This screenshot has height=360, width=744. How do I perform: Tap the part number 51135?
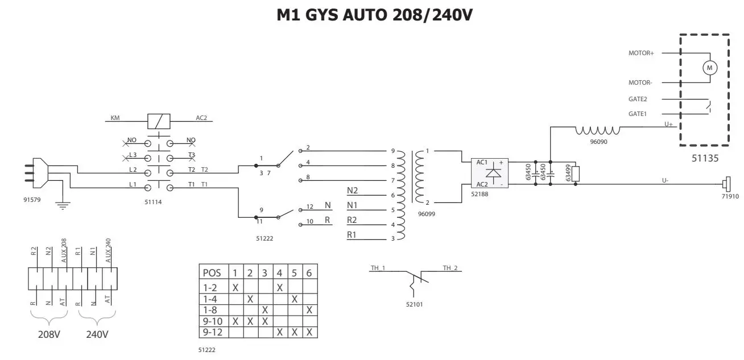(705, 159)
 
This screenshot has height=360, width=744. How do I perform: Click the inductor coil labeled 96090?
(597, 131)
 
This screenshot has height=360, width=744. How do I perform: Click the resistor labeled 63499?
(576, 173)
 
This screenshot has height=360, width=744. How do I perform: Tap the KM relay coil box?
(159, 121)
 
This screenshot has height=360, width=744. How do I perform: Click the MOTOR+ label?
(641, 53)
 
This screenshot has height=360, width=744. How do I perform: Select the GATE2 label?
(638, 99)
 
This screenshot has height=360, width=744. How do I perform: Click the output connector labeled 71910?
(726, 184)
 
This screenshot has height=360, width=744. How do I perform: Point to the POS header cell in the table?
(212, 272)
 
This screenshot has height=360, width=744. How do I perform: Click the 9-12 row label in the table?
(212, 332)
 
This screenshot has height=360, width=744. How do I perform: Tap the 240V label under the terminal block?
(97, 334)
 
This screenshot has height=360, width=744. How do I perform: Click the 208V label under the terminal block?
(48, 334)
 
